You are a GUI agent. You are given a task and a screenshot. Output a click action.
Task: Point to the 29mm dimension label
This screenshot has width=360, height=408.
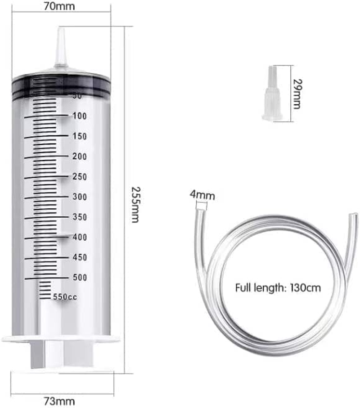click(296, 93)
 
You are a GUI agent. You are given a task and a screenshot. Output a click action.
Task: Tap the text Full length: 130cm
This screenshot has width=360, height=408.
click(278, 287)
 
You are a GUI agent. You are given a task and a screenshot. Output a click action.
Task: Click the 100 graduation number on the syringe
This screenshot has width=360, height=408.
click(80, 116)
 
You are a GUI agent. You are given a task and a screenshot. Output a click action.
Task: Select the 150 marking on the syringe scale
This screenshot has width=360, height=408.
click(80, 136)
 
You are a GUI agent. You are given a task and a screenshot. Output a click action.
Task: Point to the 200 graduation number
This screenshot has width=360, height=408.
click(80, 157)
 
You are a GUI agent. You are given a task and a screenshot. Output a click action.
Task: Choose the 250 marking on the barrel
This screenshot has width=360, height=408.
click(80, 177)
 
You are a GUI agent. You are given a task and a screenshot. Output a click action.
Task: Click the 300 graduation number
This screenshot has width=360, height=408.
click(80, 197)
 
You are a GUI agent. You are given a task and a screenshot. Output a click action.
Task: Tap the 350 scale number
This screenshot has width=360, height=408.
click(80, 217)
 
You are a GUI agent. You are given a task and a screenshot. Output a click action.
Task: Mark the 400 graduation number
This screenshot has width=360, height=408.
click(80, 237)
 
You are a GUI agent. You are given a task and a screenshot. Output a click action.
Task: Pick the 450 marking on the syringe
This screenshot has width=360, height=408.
click(80, 257)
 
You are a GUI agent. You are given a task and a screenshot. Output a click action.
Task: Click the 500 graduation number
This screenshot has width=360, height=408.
click(80, 278)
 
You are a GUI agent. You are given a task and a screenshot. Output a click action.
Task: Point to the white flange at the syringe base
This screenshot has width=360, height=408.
click(61, 339)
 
